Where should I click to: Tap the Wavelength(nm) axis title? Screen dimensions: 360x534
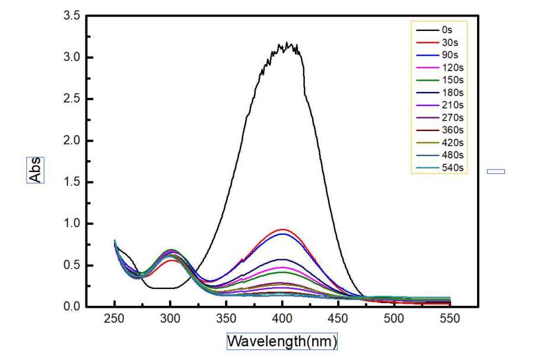282,342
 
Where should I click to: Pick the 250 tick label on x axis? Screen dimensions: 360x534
115,318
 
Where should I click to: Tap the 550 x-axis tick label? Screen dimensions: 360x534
450,318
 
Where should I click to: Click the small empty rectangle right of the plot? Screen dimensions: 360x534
496,171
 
